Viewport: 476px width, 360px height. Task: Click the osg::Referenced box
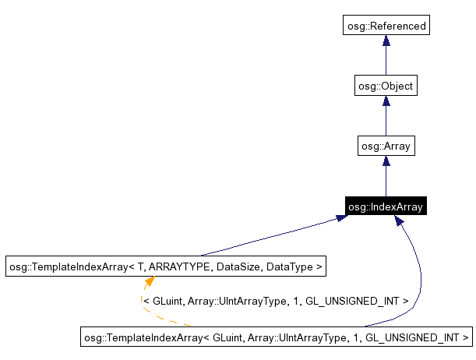386,26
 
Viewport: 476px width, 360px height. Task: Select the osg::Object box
385,86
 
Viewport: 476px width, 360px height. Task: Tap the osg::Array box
385,146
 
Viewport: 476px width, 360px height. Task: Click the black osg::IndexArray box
385,206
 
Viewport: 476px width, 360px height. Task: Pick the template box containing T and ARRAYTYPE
165,266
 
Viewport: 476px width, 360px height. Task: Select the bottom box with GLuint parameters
277,337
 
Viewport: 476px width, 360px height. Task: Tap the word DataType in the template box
289,266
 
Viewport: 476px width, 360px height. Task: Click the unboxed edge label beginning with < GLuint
276,299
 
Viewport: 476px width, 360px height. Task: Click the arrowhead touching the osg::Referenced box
386,41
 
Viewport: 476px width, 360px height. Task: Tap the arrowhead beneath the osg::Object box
386,101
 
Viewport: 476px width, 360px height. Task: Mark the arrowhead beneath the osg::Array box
386,161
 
